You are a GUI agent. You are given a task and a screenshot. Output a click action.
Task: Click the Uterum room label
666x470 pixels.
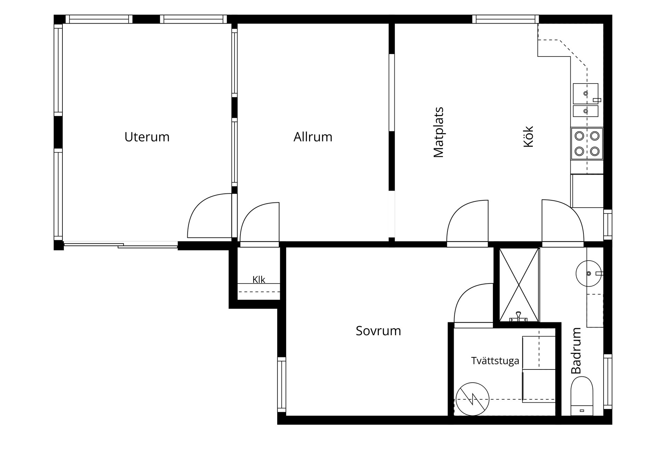click(147, 137)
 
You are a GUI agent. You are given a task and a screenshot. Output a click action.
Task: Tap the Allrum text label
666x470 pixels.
click(313, 137)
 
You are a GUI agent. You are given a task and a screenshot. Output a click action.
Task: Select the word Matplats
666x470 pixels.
click(438, 132)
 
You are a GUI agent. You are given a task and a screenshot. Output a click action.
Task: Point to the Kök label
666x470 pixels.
click(528, 137)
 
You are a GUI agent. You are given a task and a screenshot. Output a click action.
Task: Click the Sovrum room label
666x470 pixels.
click(378, 331)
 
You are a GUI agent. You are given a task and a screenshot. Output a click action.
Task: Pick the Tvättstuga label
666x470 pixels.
click(495, 361)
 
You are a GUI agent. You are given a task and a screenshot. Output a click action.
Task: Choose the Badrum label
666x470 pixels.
click(576, 351)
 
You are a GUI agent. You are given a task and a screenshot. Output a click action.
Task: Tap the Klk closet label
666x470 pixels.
click(259, 280)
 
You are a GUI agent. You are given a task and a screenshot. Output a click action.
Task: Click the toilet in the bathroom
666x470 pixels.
click(582, 396)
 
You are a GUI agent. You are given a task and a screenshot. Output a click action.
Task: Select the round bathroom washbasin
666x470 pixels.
click(589, 273)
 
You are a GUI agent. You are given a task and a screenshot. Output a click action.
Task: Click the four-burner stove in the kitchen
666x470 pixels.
click(587, 144)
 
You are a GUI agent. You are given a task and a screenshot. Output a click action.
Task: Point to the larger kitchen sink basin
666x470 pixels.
click(586, 94)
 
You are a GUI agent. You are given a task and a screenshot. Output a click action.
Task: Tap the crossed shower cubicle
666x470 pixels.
click(519, 285)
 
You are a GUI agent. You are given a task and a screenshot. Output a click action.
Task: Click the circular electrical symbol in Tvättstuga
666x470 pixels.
click(472, 399)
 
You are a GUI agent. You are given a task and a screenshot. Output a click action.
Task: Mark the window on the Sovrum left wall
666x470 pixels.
click(282, 385)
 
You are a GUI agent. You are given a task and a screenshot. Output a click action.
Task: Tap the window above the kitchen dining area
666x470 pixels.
click(505, 19)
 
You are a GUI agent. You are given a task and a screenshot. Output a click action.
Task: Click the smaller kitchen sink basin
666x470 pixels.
click(586, 111)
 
